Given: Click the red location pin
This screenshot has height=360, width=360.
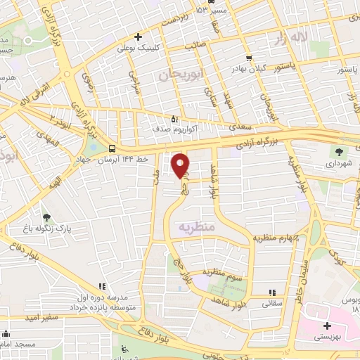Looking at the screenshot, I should [180, 166].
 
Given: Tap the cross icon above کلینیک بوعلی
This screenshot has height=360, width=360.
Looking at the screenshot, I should [139, 37].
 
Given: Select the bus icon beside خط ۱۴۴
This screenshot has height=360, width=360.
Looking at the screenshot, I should [112, 148].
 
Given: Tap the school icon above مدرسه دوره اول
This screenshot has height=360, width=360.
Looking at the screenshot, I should [103, 287].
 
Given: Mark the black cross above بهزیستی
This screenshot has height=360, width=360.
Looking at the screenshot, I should [328, 326].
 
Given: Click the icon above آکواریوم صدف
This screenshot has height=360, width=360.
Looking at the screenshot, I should [174, 118].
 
